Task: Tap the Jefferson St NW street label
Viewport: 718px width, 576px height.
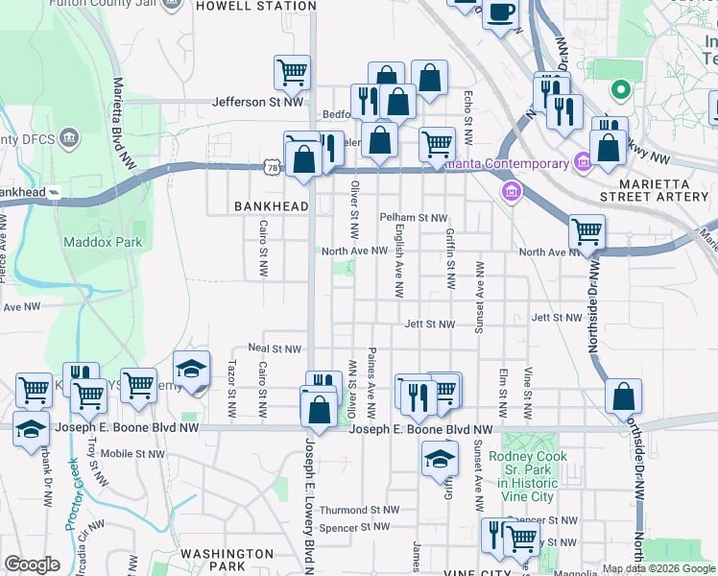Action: click(x=257, y=101)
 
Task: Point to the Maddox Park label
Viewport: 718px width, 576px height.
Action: click(x=103, y=242)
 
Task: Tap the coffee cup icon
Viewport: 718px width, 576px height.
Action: click(x=501, y=13)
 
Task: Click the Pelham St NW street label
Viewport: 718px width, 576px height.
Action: click(x=414, y=219)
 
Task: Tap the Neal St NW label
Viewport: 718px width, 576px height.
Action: click(x=275, y=349)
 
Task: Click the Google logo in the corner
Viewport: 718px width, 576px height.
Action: click(x=32, y=564)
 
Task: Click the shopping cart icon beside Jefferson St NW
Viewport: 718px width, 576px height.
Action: click(x=292, y=72)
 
